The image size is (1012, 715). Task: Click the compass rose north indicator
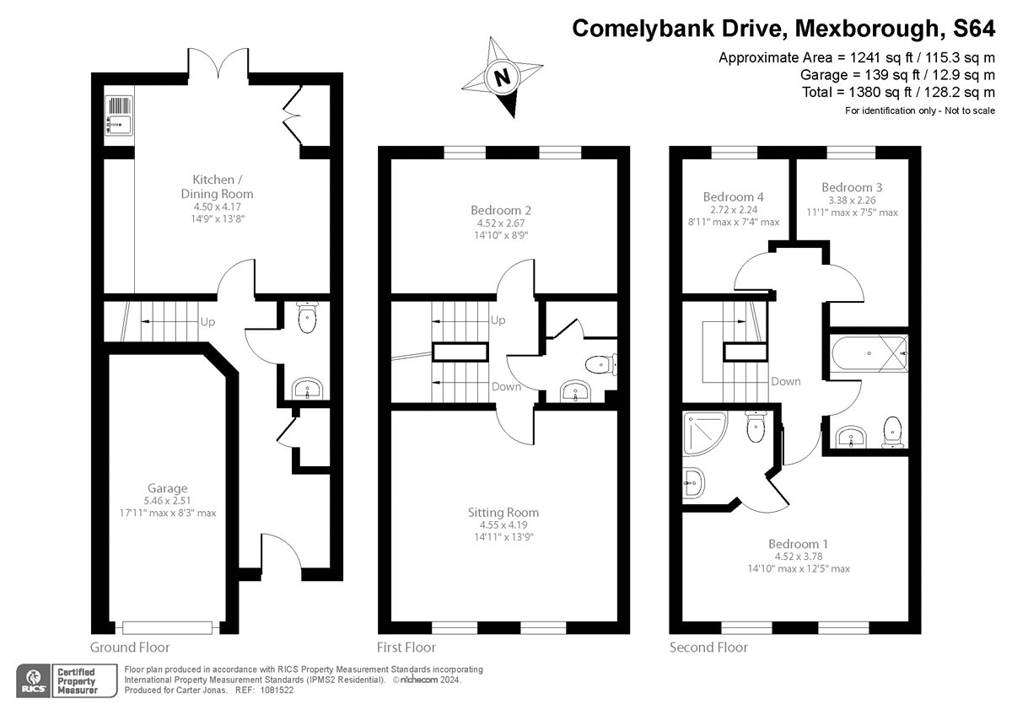pos(503,78)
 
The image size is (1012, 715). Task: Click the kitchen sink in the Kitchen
pos(118,116)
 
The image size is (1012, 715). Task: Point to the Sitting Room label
pos(503,512)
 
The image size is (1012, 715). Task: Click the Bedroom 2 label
pos(501,210)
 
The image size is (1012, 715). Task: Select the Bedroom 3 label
pos(846,187)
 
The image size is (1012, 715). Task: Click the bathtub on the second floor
pos(869,354)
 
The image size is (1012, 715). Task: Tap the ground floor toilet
pos(308,320)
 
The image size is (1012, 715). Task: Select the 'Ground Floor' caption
pos(130,648)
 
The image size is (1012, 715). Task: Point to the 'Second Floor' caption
pos(708,648)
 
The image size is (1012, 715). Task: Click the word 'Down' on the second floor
pos(785,381)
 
